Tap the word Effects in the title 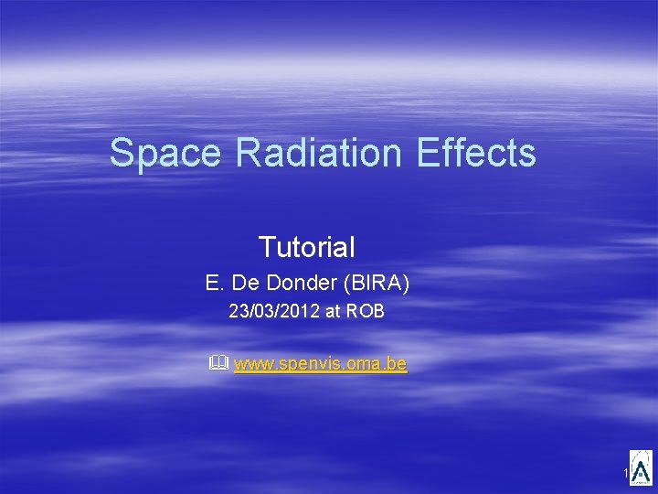(476, 153)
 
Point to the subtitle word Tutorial (306, 247)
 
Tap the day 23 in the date (237, 312)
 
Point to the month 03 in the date (260, 312)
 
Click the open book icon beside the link (217, 364)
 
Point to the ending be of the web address (397, 365)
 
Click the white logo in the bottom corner (641, 467)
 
